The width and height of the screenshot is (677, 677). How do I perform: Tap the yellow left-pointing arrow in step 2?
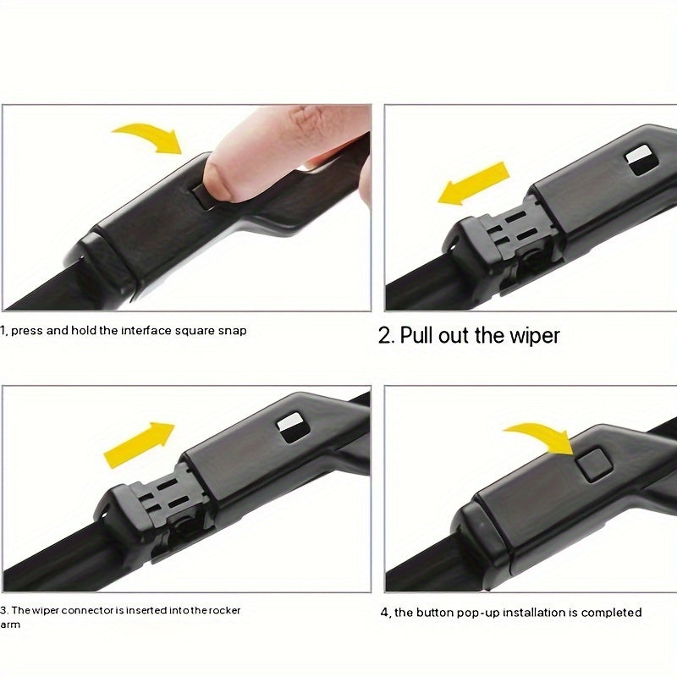(474, 184)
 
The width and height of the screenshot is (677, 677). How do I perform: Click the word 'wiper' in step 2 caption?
(533, 335)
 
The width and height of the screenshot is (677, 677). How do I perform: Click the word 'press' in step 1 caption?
(26, 330)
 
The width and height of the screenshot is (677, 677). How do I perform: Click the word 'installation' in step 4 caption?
(533, 613)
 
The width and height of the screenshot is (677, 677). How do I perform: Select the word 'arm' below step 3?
(9, 625)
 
